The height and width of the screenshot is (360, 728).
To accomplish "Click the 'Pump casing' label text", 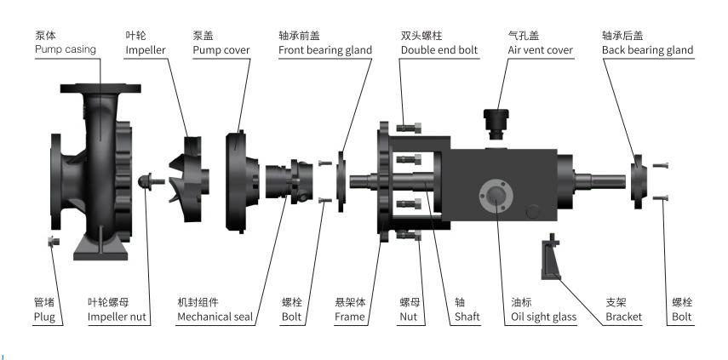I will tap(63, 50).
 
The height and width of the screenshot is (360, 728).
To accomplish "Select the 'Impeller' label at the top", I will tap(146, 50).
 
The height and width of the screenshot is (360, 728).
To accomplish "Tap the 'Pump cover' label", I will tap(221, 50).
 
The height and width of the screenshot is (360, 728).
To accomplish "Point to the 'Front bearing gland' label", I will tap(325, 50).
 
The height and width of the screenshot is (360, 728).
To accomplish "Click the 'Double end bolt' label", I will tap(439, 50).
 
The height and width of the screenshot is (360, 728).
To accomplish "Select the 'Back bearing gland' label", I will tap(647, 50).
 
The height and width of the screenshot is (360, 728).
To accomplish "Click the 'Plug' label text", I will tap(44, 317).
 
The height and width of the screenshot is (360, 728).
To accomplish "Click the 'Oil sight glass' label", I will tap(543, 317).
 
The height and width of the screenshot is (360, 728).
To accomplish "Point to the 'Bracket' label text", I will tap(623, 317).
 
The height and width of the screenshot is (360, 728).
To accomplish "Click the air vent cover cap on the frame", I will tap(495, 120).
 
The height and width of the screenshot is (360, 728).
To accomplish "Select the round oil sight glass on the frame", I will tap(494, 196).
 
